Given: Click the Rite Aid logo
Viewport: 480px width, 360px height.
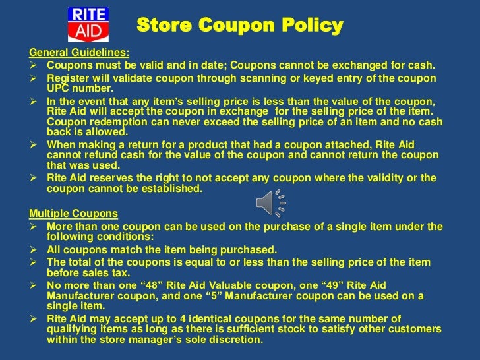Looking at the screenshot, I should [x=88, y=24].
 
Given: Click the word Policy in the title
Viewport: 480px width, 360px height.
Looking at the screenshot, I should [x=307, y=26].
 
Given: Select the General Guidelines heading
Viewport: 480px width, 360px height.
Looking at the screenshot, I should [x=79, y=53].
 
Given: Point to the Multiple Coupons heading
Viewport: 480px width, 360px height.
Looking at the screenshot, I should [x=73, y=214].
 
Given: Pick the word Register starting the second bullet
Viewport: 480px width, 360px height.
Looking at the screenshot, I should [x=69, y=78].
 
